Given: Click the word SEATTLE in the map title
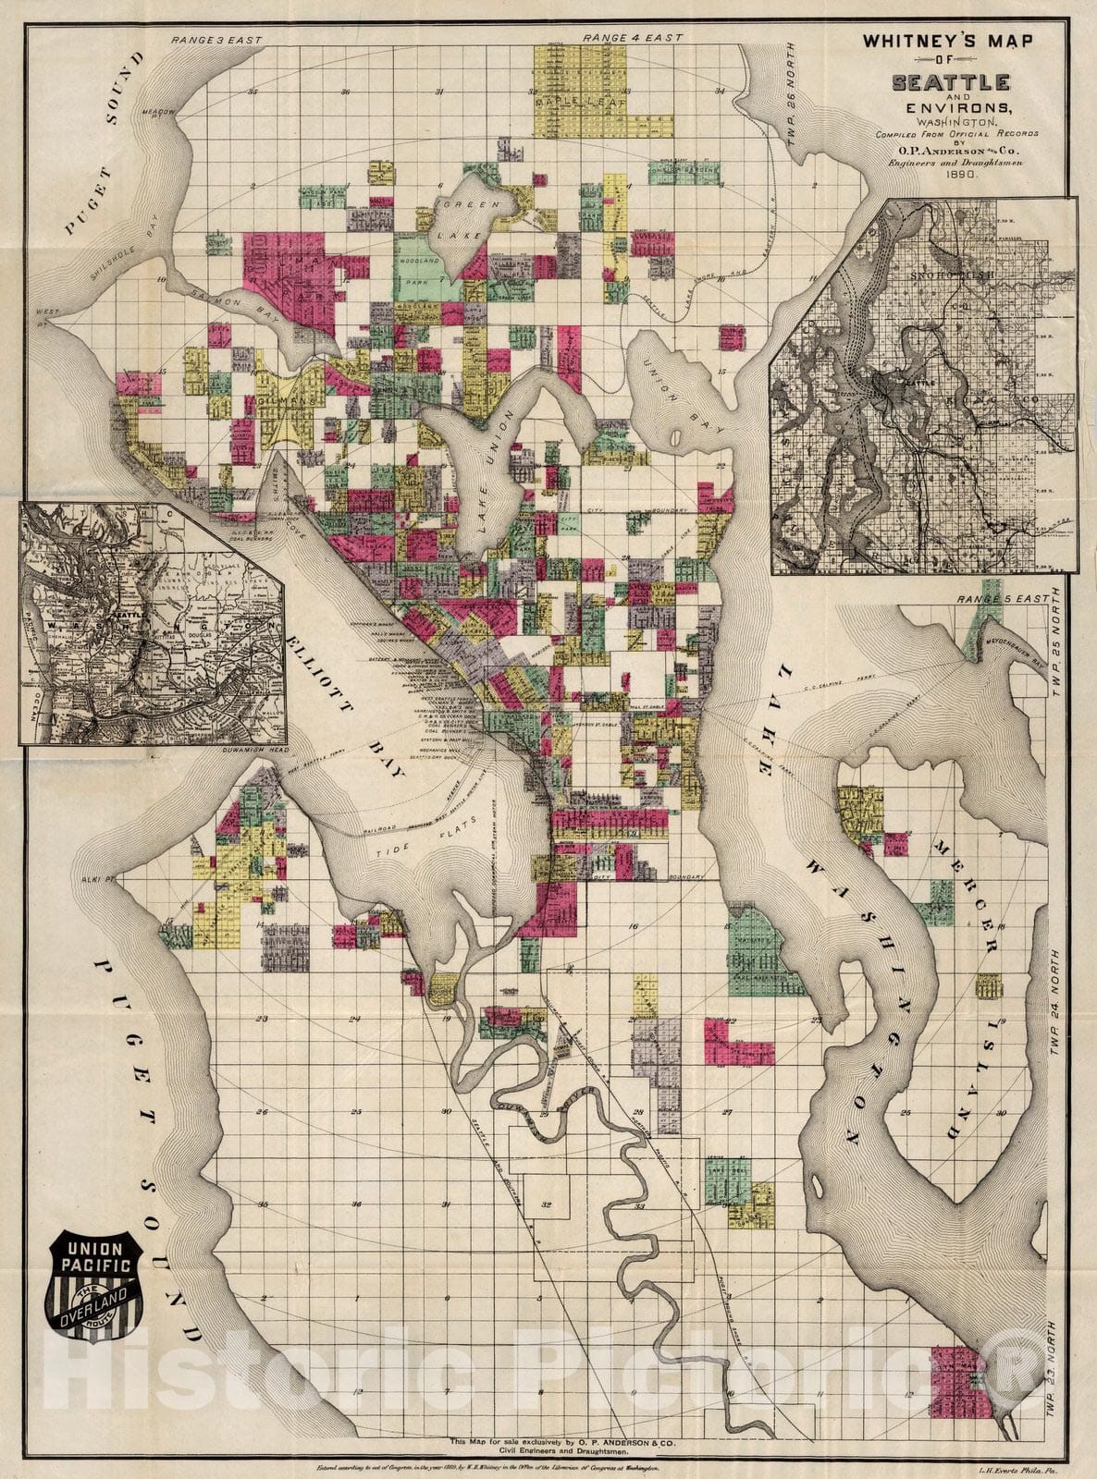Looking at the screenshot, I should click(950, 82).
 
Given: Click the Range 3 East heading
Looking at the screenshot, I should click(216, 41).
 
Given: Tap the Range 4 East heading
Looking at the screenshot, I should click(635, 38).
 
